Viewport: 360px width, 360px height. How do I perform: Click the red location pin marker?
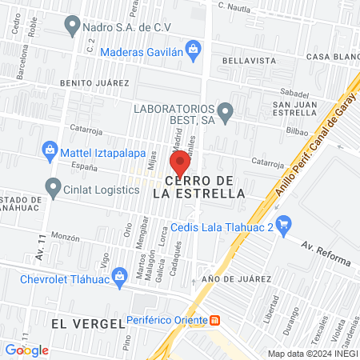coord(181,162)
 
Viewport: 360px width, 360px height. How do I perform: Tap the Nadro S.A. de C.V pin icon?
coord(73,26)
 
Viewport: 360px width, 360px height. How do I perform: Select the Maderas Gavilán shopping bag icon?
coord(193,50)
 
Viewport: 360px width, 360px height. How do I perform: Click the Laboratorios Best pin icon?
coord(226,113)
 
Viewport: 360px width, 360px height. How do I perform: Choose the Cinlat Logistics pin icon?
coord(54,187)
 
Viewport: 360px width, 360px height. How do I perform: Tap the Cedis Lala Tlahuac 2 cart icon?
coord(282,222)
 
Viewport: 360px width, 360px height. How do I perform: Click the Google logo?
coord(26,350)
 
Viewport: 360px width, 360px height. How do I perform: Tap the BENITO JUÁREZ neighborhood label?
coord(94,82)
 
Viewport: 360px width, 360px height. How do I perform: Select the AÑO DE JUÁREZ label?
coord(231,278)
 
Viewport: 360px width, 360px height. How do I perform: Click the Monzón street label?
coord(66,238)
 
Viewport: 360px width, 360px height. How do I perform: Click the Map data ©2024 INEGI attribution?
coord(312,354)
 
